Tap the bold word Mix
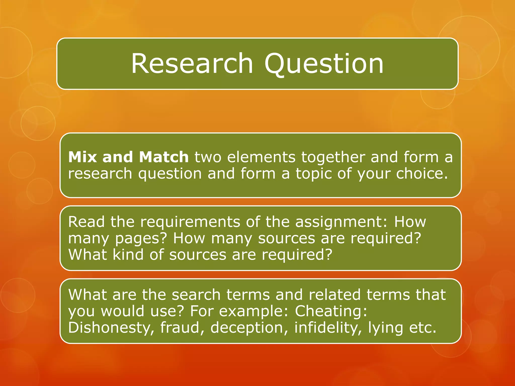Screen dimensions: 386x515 pyautogui.click(x=82, y=157)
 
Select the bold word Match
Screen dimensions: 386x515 pyautogui.click(x=164, y=157)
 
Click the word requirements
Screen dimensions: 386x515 pyautogui.click(x=190, y=222)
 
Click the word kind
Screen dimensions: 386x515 pyautogui.click(x=128, y=255)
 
